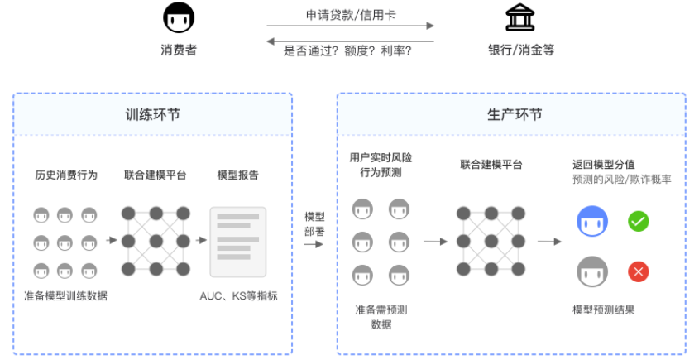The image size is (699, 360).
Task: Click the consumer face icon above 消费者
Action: tap(179, 17)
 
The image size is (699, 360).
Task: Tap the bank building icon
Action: tap(519, 17)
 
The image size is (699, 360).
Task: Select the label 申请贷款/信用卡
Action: tap(351, 15)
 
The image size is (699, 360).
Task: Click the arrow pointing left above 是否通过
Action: tap(350, 41)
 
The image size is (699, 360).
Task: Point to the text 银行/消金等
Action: tap(521, 50)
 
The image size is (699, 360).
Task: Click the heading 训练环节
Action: tap(152, 115)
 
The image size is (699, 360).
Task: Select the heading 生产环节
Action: tap(515, 115)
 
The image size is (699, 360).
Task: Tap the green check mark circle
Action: tap(638, 221)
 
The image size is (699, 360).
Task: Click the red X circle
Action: tap(638, 271)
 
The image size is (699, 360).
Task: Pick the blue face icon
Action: tap(592, 221)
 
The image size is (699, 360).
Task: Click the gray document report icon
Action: tap(238, 242)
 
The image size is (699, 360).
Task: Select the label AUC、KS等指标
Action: tap(238, 295)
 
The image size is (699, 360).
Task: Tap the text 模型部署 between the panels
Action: tap(314, 224)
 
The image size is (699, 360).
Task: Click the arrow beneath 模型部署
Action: tap(314, 244)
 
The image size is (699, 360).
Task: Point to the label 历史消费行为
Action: tap(66, 175)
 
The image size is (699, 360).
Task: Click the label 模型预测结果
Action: tap(604, 310)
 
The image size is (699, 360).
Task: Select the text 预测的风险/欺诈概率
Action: tap(622, 180)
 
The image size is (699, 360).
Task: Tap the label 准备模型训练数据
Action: tap(65, 295)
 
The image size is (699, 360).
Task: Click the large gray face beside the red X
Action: tap(592, 271)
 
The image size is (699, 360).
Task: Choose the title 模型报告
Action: tap(238, 175)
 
